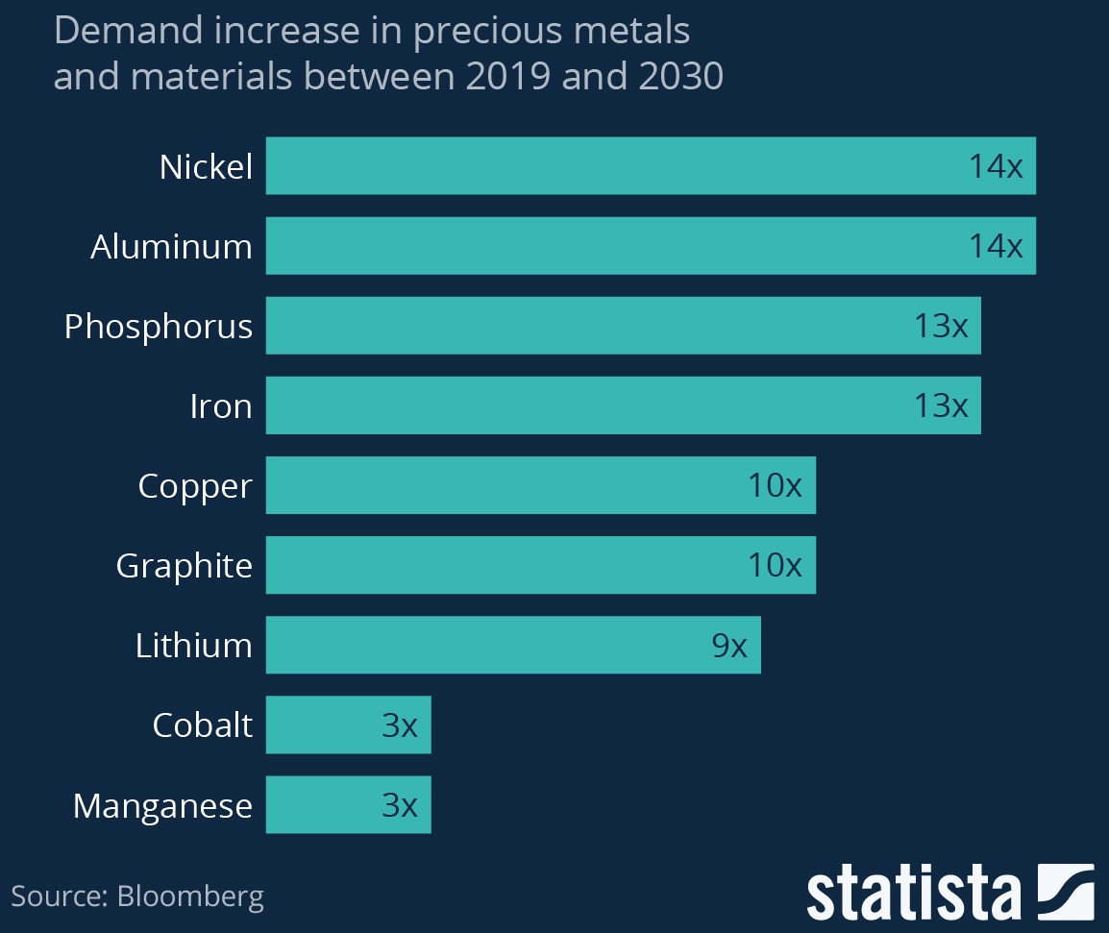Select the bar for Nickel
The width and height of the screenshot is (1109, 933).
(x=615, y=166)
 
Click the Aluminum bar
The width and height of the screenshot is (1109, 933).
(x=615, y=246)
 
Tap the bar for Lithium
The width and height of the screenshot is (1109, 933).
(x=481, y=645)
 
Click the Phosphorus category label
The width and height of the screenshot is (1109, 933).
(x=159, y=327)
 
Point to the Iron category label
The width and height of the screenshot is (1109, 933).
(x=221, y=405)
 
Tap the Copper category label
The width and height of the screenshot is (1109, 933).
(x=195, y=485)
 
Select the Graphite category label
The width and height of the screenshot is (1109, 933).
(x=185, y=565)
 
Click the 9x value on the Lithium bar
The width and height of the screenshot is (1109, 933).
(x=729, y=646)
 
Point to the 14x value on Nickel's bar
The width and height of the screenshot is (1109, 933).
(x=995, y=167)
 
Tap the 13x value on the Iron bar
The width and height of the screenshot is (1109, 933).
(x=941, y=406)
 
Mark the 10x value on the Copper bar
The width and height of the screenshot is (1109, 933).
(x=775, y=486)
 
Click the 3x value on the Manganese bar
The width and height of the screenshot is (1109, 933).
(x=400, y=805)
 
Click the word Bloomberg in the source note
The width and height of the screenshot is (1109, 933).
(x=190, y=897)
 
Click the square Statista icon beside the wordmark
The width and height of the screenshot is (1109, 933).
(x=1066, y=891)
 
